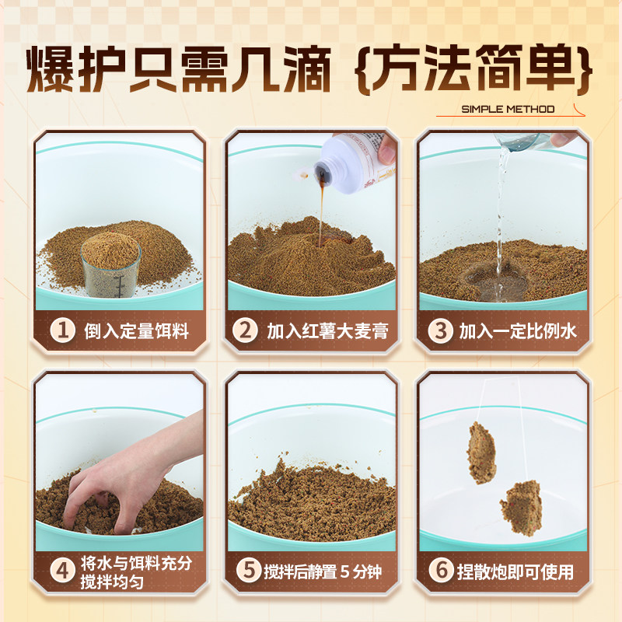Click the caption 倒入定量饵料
(x=136, y=331)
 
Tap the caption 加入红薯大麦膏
(x=327, y=331)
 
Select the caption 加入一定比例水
(x=516, y=331)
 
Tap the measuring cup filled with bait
(x=110, y=264)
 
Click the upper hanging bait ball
(x=481, y=451)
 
